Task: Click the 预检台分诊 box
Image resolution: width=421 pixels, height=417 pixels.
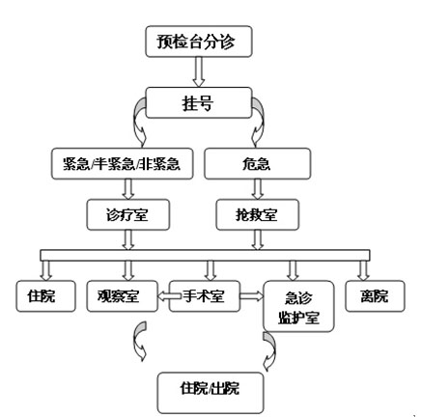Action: coord(199,42)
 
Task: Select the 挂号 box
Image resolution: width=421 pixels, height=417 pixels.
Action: coord(199,102)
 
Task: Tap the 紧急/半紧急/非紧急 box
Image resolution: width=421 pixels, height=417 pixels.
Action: coord(123,164)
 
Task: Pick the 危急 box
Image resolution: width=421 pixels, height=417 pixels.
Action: coord(258,164)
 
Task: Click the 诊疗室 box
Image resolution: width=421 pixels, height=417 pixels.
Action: coord(128,214)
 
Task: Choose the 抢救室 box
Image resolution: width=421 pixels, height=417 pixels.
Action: coord(258,214)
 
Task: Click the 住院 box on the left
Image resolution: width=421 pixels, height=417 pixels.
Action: coord(46,296)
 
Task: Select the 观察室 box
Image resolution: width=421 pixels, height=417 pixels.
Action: coord(123,296)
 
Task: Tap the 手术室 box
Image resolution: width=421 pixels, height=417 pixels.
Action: coord(205,296)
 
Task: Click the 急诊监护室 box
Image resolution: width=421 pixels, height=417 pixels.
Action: coord(298,306)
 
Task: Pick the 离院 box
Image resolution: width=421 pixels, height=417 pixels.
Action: coord(375,296)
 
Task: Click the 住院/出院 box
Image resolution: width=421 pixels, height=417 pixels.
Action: coord(210,393)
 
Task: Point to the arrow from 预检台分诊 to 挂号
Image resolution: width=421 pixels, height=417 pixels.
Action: coord(199,72)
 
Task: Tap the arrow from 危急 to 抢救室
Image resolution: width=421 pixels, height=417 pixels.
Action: coord(258,189)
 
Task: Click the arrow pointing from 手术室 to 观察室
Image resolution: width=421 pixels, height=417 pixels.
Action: coord(169,296)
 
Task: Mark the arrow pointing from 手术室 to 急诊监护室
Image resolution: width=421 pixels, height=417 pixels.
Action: coord(252,296)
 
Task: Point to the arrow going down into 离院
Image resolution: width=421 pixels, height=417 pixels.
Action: coord(363,270)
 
